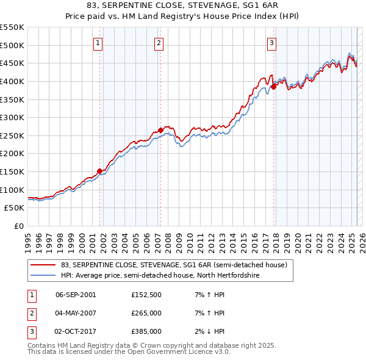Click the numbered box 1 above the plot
pyautogui.click(x=98, y=43)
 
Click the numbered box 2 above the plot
pyautogui.click(x=159, y=43)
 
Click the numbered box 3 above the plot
pyautogui.click(x=271, y=43)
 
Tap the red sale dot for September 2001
pyautogui.click(x=99, y=171)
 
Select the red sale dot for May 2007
pyautogui.click(x=160, y=130)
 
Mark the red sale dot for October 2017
pyautogui.click(x=273, y=87)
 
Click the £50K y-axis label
pyautogui.click(x=15, y=208)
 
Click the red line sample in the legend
pyautogui.click(x=43, y=265)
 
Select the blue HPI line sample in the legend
pyautogui.click(x=43, y=276)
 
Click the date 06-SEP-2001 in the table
pyautogui.click(x=76, y=295)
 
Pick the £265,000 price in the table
pyautogui.click(x=146, y=313)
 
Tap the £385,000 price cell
pyautogui.click(x=146, y=331)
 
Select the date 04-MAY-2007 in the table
pyautogui.click(x=76, y=313)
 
